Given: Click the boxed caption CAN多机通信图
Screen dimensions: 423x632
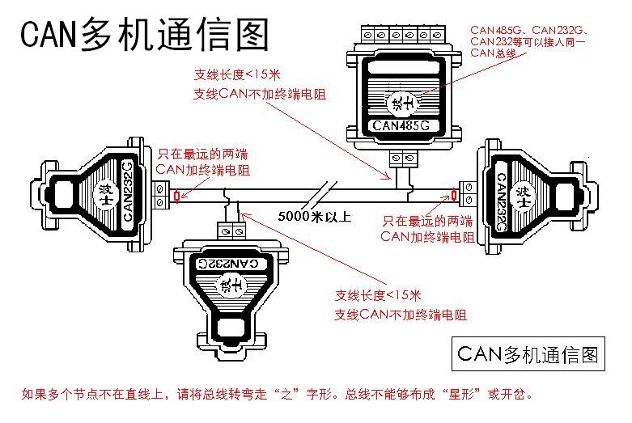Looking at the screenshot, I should click(528, 353).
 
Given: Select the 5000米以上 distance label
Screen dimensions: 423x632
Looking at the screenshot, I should click(315, 216).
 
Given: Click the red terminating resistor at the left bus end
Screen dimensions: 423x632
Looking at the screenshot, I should click(176, 196).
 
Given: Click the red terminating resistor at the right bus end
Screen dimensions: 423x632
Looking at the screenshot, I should click(454, 195).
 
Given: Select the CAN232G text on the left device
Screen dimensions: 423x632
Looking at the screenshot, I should click(128, 192).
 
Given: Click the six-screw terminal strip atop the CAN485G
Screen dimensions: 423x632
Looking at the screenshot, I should click(401, 34).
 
